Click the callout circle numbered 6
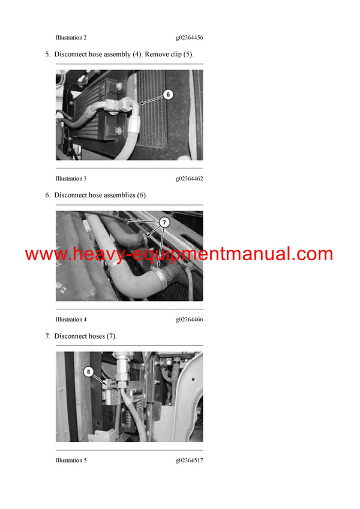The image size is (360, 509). (168, 94)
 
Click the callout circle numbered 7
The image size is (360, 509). (164, 222)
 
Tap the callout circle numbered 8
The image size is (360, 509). (90, 372)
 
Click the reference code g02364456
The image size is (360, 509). (189, 38)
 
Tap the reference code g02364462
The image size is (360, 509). (189, 179)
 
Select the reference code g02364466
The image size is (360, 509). (189, 320)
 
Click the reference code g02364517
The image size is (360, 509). (189, 460)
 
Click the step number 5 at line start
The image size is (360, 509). (47, 55)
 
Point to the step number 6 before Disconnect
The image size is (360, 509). (47, 195)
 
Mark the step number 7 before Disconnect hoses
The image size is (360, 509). (47, 336)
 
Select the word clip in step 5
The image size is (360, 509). (180, 55)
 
